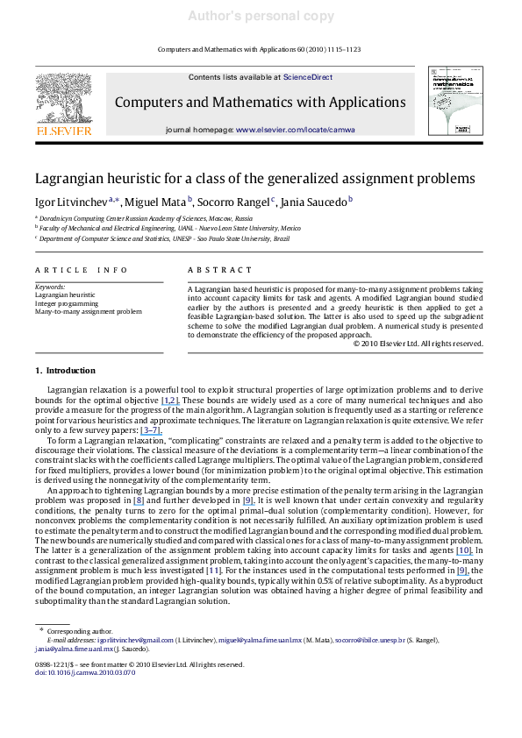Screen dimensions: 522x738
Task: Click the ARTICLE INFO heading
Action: [75, 270]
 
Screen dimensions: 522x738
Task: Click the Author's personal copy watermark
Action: [261, 16]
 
